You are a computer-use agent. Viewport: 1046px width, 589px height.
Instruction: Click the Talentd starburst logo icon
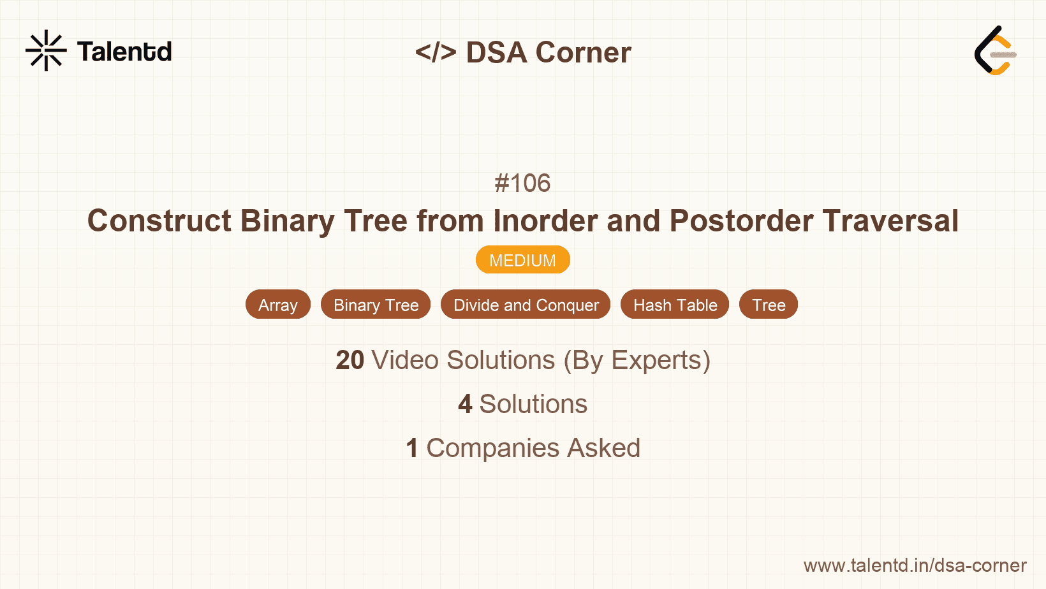point(46,50)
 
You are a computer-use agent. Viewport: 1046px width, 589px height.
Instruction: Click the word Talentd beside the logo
point(124,52)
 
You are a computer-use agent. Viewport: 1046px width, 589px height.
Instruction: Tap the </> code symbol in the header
point(436,52)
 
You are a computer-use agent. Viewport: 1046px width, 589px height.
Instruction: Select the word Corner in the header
point(583,52)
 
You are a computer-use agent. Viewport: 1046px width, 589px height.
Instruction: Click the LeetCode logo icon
point(995,50)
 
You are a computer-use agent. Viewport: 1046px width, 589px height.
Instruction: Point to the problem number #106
point(522,183)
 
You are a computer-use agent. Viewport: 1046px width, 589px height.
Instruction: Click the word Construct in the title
point(159,221)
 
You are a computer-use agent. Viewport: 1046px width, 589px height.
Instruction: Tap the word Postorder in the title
point(741,221)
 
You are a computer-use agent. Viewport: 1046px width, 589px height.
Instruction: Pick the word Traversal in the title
point(890,221)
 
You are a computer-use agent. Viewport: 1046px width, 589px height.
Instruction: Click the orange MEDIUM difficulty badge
point(522,260)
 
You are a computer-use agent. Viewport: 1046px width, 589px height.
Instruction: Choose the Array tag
point(278,305)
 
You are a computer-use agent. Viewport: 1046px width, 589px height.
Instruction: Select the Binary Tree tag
point(376,305)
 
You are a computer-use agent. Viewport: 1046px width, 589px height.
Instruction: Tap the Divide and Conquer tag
point(526,305)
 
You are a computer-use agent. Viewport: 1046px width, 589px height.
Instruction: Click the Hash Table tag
point(675,305)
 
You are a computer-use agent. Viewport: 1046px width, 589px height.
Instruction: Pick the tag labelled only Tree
point(769,305)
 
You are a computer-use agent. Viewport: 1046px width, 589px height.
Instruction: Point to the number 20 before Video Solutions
point(350,360)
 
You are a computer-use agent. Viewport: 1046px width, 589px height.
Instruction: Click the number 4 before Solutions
point(465,404)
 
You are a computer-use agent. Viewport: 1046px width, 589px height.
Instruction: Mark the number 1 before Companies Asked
point(412,448)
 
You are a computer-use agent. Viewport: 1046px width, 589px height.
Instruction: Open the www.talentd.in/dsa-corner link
point(915,565)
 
